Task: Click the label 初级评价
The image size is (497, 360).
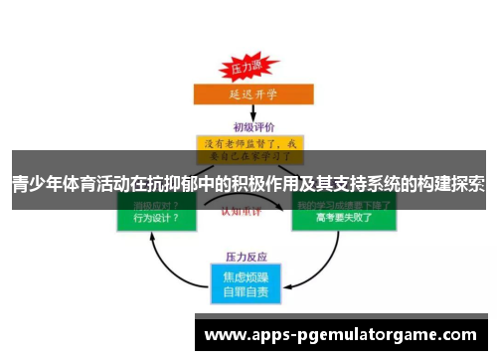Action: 251,126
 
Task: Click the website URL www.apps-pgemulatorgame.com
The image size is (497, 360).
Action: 340,335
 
